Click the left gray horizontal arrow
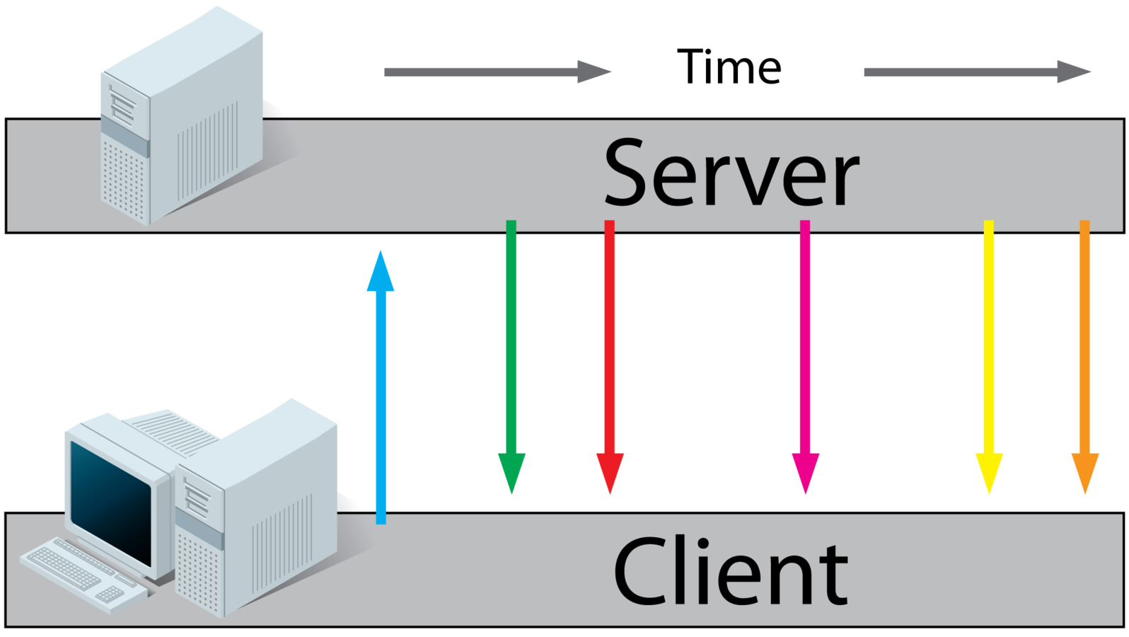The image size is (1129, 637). [495, 71]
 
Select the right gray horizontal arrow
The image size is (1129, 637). [976, 71]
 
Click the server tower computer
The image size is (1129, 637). [183, 120]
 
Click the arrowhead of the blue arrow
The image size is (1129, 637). [381, 272]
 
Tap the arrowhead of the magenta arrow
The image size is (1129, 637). [805, 471]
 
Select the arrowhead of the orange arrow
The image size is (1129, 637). [1084, 471]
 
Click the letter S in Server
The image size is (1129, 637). [630, 174]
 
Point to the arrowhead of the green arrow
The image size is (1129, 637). [511, 471]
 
